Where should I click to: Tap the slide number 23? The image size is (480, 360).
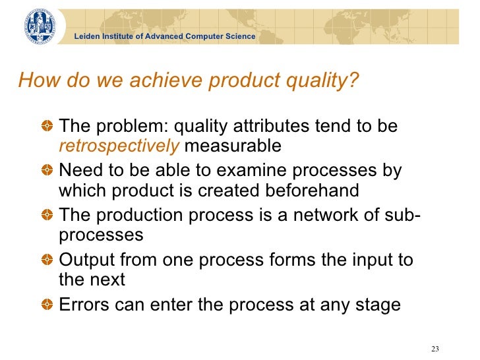[434, 349]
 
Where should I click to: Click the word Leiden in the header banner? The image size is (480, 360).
[86, 36]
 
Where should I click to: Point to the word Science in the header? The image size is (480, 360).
[240, 36]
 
